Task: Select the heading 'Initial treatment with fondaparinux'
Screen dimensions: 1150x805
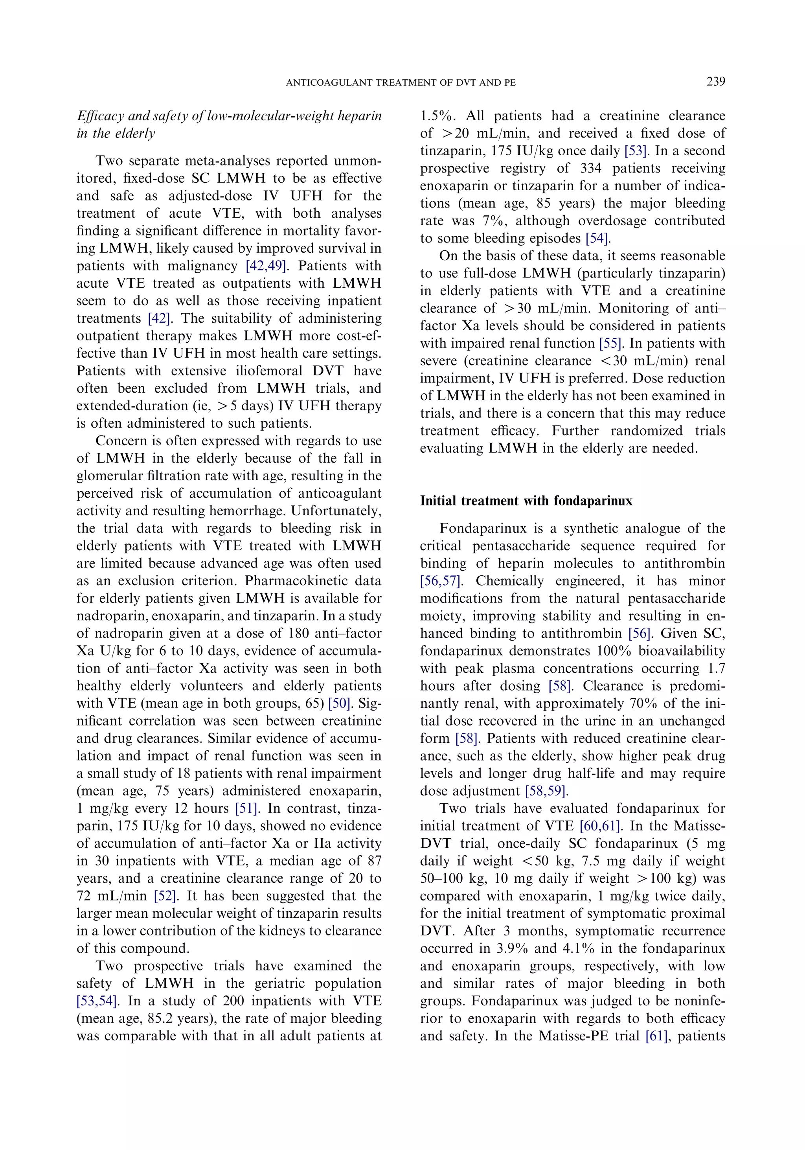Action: click(x=526, y=501)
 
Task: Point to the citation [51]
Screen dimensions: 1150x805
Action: click(x=245, y=809)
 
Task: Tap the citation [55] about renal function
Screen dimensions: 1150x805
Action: click(x=612, y=344)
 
